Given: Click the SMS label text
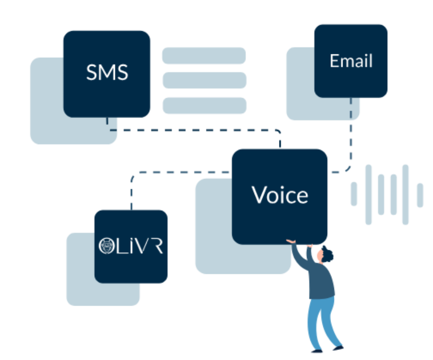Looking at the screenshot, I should point(107,73).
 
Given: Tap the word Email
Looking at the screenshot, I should point(351,61).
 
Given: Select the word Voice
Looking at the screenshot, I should point(280,195).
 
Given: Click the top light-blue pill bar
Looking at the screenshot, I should point(204,56).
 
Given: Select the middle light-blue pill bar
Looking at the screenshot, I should point(204,80).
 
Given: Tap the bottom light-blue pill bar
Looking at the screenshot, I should point(204,105).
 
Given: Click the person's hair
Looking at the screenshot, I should point(329,254).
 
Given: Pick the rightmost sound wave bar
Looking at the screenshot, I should point(420,195).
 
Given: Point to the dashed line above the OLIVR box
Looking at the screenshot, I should point(131,193).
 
